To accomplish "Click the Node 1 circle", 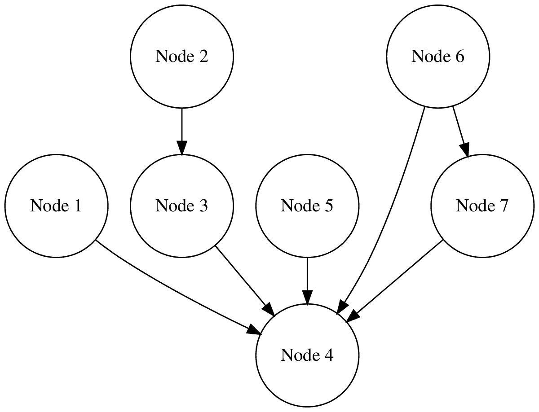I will coord(56,206).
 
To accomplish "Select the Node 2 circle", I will coord(181,57).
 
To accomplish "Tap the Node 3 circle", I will coord(181,206).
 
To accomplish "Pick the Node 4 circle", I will coord(307,355).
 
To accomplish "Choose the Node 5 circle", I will coord(307,206).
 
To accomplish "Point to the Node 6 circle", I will coord(438,57).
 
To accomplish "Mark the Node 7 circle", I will coord(482,206).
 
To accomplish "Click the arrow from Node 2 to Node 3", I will coord(181,130).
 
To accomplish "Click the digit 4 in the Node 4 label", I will coord(329,355).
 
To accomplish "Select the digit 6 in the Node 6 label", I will coord(459,57).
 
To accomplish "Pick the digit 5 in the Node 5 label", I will coord(329,206).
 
